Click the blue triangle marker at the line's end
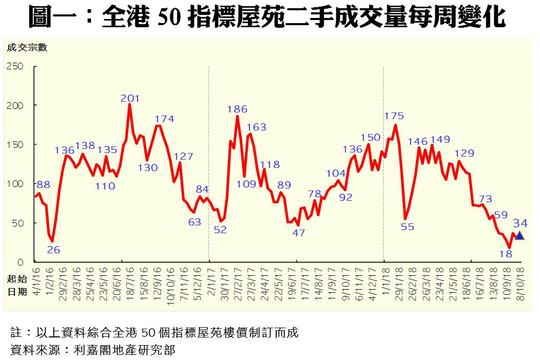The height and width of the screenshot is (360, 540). tap(519, 236)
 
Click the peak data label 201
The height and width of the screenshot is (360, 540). tap(130, 98)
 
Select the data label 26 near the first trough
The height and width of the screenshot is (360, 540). tap(53, 250)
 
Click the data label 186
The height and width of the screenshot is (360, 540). tap(237, 109)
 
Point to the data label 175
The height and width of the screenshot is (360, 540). tap(394, 116)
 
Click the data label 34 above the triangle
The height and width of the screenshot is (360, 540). tap(520, 223)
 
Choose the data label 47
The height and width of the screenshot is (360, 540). tap(298, 233)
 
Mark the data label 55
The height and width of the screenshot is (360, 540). tap(407, 226)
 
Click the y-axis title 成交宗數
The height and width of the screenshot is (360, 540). tap(27, 48)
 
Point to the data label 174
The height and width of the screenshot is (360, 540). tap(164, 119)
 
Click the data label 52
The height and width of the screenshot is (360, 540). tap(220, 230)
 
